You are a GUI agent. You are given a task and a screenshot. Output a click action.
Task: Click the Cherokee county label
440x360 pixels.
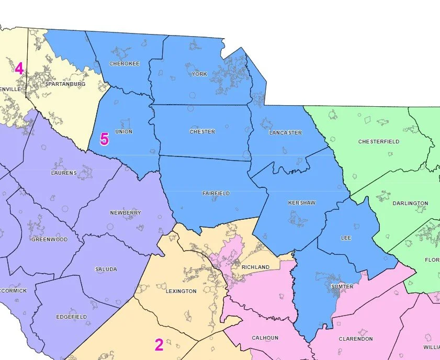click(125, 64)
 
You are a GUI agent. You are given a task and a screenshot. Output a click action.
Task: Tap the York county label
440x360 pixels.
click(199, 74)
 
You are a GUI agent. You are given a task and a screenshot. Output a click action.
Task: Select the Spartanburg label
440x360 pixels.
click(65, 84)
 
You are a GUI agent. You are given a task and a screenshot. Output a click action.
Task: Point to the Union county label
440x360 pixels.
click(123, 132)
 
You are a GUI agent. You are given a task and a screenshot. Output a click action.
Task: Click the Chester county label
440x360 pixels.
click(202, 132)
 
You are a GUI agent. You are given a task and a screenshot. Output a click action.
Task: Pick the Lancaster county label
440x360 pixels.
click(285, 133)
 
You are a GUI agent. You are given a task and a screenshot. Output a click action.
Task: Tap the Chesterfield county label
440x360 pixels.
click(379, 142)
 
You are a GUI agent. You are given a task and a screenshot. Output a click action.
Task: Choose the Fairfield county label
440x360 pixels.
click(216, 194)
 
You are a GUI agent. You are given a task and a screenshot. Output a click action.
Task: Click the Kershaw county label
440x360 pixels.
click(302, 203)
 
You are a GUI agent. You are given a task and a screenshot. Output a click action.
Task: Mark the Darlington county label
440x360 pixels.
click(410, 204)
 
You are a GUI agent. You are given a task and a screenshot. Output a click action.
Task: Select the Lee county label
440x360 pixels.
click(346, 238)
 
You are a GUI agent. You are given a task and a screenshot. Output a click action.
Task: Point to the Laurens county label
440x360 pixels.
click(64, 173)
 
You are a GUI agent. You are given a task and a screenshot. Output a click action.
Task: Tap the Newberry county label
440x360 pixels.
click(126, 213)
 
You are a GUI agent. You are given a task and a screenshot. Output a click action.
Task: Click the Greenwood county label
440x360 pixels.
click(50, 240)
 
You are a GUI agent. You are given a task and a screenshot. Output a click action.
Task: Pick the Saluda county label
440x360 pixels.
click(106, 269)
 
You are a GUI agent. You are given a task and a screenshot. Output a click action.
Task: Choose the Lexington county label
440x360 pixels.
click(182, 291)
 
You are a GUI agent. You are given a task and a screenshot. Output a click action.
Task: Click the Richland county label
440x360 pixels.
click(255, 267)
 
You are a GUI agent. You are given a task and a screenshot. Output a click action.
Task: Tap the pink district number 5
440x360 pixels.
click(104, 139)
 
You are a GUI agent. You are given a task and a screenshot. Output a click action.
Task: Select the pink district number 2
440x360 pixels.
click(159, 345)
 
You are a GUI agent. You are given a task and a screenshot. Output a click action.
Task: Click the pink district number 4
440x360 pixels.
click(19, 69)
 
